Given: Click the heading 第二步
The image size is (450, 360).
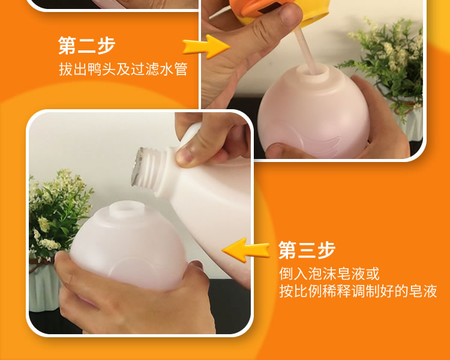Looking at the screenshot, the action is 86,46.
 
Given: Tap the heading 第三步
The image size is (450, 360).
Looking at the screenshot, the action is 307,250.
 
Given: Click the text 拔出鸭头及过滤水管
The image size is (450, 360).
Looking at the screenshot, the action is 123,69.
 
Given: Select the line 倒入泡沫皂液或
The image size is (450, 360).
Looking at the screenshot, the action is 329,274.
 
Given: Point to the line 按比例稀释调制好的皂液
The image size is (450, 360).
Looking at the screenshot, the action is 358,291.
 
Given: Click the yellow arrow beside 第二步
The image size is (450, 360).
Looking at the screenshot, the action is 206,47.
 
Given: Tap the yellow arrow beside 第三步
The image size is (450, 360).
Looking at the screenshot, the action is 245,250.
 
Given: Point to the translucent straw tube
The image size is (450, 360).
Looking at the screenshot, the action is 305,50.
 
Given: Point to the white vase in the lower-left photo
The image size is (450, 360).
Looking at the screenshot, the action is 44,287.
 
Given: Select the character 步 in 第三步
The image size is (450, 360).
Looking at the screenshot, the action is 326,250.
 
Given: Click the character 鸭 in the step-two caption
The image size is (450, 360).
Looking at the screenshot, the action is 94,69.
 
